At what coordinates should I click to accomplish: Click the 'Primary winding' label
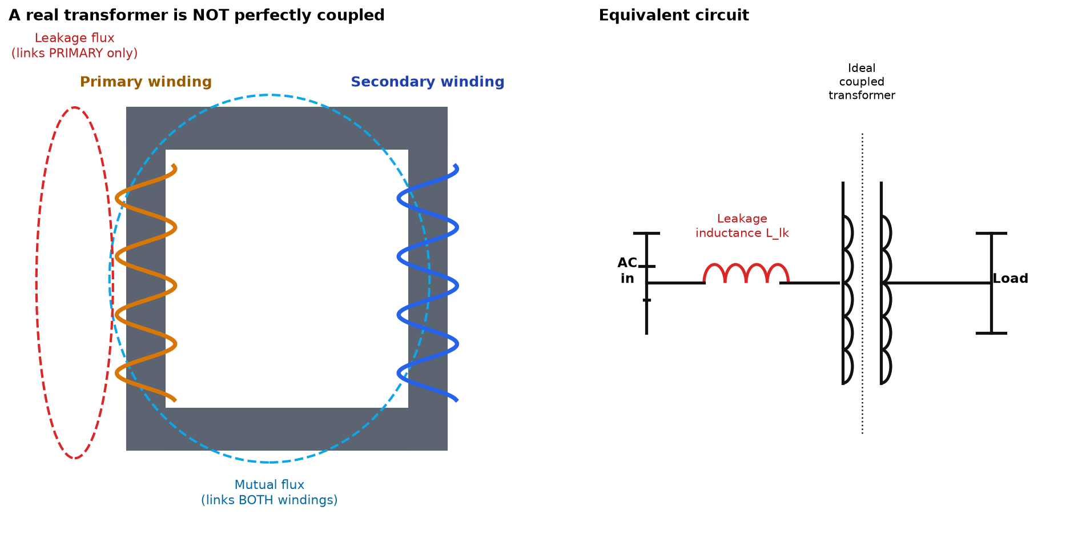click(x=146, y=82)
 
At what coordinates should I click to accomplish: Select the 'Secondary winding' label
click(x=428, y=82)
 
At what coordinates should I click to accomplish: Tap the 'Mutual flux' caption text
click(x=270, y=492)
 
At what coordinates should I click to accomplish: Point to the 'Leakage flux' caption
click(x=75, y=46)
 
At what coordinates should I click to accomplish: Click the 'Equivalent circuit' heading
click(x=674, y=15)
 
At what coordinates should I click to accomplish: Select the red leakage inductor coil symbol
click(x=746, y=273)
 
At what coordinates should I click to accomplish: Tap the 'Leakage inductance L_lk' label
click(x=742, y=226)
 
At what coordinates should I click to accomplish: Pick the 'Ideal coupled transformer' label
click(x=862, y=82)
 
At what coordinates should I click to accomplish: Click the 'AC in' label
click(x=628, y=271)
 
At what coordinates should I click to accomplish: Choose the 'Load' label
click(x=1010, y=279)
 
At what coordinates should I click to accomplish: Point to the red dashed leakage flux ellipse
click(x=37, y=283)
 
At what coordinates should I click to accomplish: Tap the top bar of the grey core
click(x=287, y=128)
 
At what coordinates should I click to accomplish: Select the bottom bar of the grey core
click(x=287, y=429)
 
